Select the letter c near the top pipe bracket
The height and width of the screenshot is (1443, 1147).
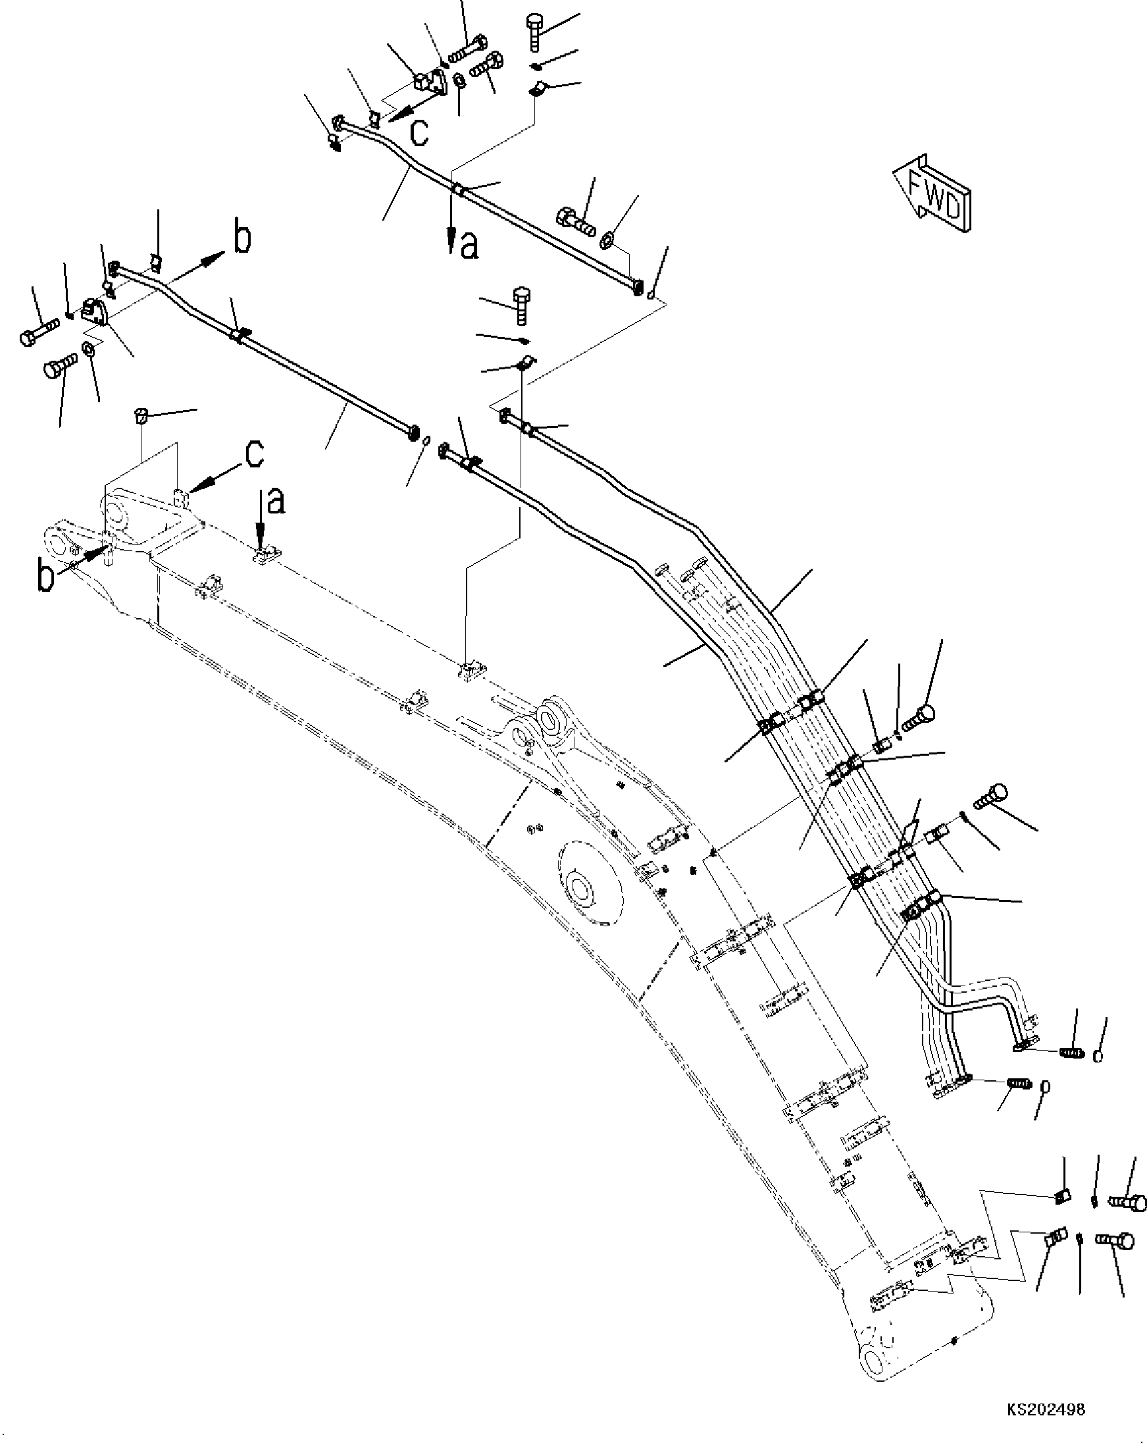(x=419, y=132)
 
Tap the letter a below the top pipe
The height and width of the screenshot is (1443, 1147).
(x=470, y=246)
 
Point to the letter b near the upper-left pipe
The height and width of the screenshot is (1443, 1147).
(x=242, y=239)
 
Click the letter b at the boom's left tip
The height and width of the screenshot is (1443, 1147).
(x=45, y=577)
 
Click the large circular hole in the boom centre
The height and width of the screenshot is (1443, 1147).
(x=579, y=891)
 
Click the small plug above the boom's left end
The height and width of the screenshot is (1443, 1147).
(x=140, y=415)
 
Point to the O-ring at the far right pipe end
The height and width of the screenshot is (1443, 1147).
(x=1098, y=1056)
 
